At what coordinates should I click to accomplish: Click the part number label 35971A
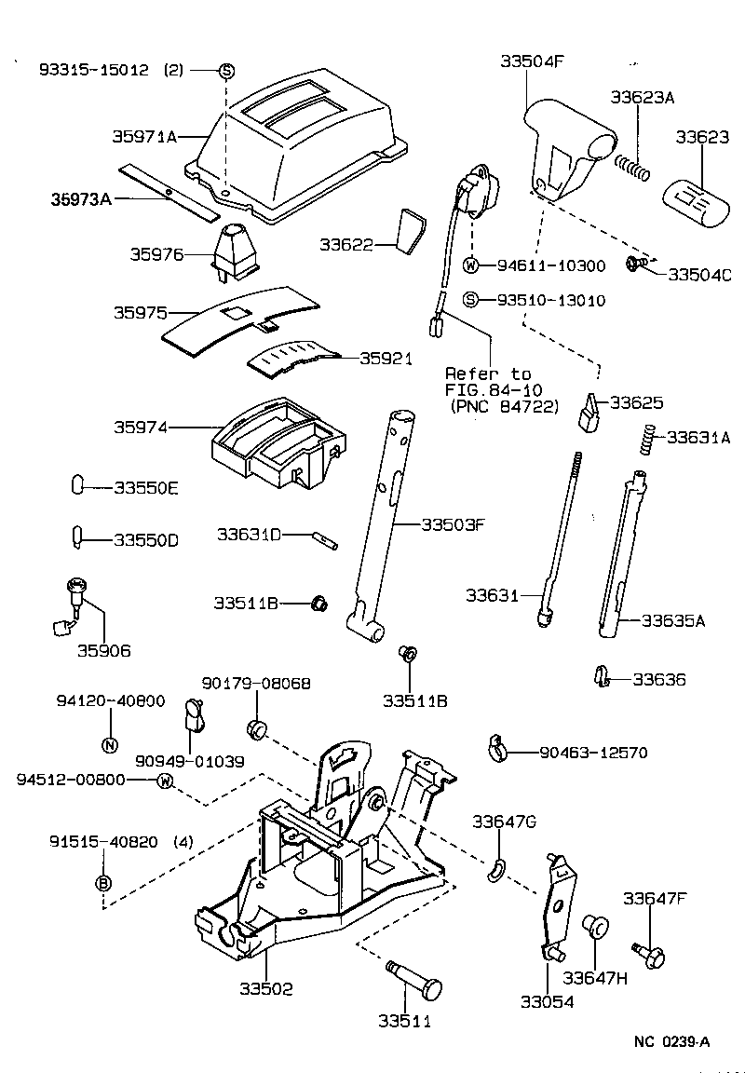(145, 136)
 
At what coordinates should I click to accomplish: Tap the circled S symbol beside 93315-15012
(226, 71)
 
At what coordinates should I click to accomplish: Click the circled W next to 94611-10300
(471, 265)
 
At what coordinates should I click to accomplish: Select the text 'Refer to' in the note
(487, 374)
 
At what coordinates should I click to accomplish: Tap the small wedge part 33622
(408, 231)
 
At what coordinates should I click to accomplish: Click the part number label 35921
(386, 359)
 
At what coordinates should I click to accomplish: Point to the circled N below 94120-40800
(110, 743)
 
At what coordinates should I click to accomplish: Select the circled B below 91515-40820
(103, 882)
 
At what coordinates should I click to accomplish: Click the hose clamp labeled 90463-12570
(500, 746)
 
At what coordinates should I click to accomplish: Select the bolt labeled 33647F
(644, 953)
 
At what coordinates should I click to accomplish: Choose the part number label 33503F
(453, 524)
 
